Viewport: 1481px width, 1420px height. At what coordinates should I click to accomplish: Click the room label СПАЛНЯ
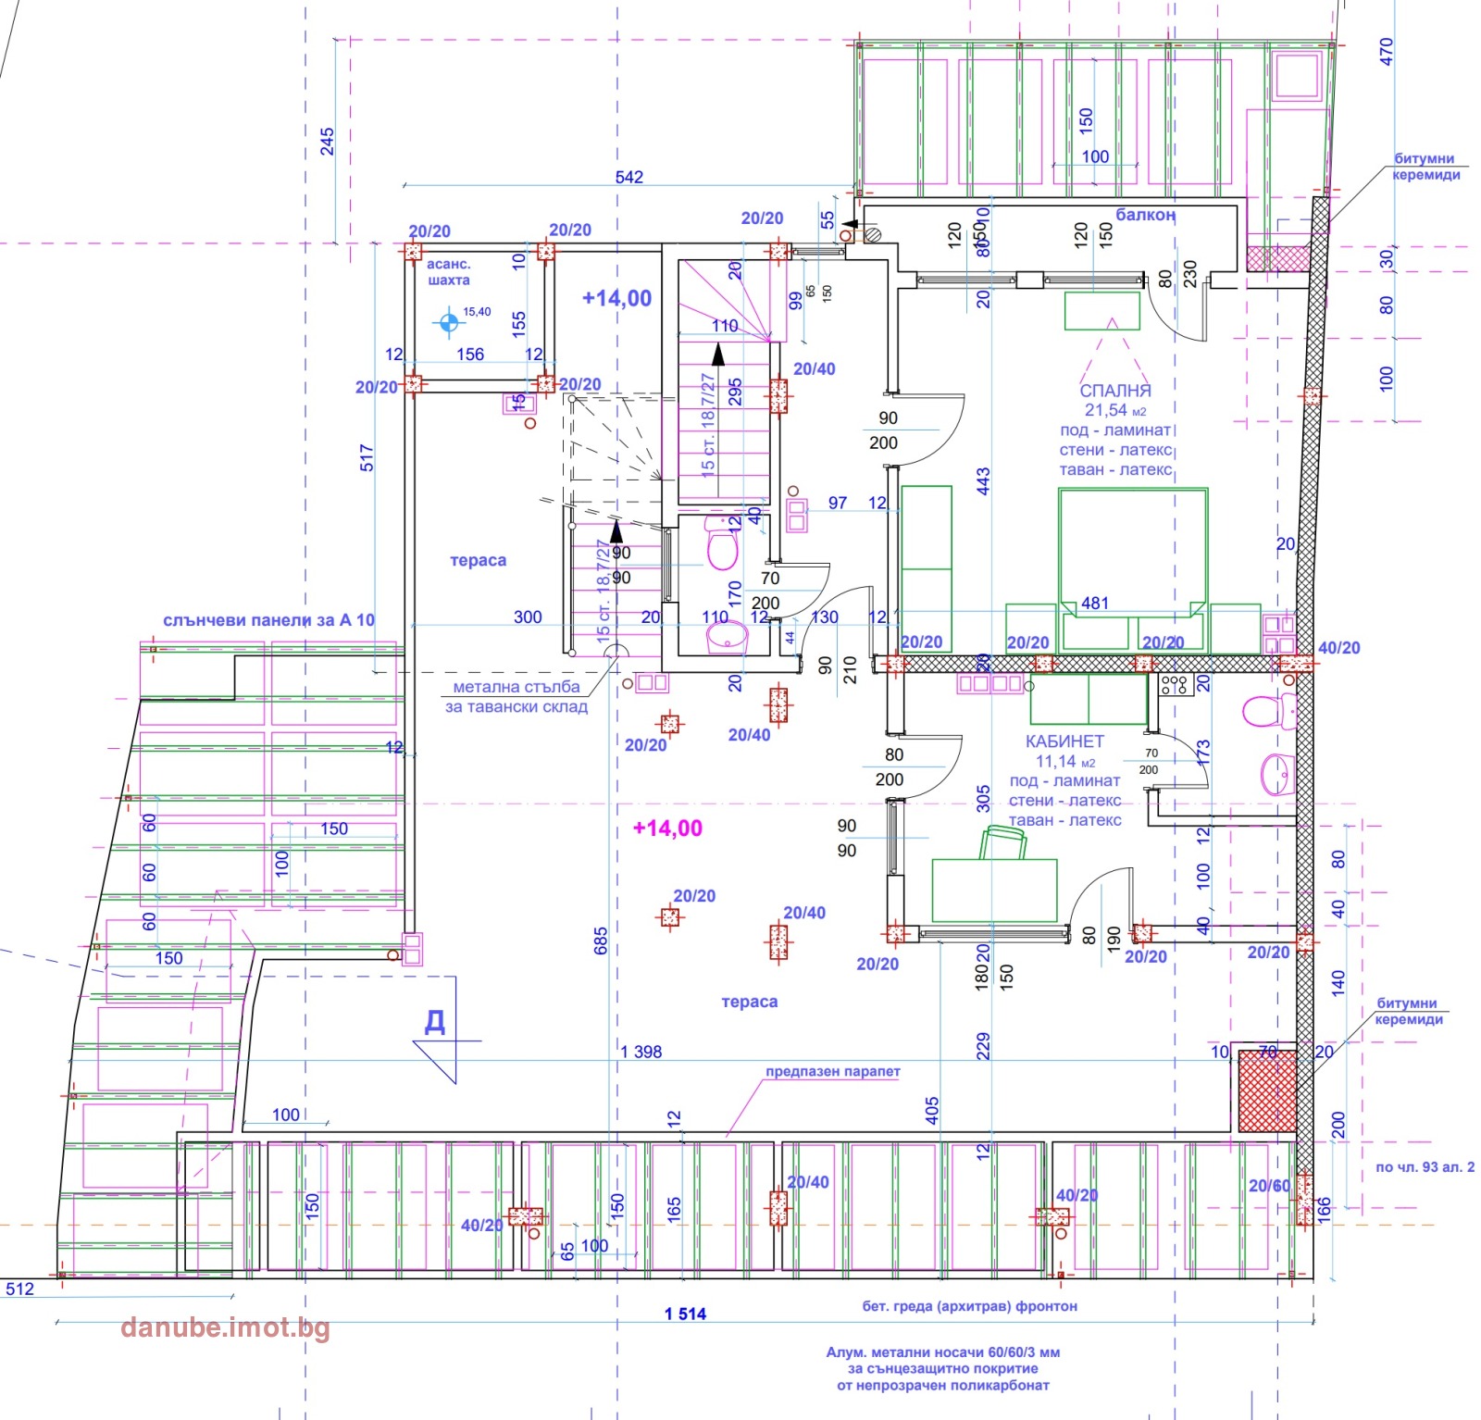point(1114,391)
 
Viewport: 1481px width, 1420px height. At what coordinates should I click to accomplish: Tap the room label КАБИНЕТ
point(1064,741)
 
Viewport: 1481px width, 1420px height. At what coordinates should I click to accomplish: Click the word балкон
point(1145,215)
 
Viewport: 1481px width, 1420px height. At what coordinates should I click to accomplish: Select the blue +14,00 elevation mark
point(616,298)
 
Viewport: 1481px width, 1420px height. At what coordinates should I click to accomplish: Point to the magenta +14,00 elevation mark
point(667,828)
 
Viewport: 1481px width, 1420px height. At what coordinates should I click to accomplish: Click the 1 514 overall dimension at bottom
point(685,1314)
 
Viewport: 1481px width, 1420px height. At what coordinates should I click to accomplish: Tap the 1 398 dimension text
point(641,1052)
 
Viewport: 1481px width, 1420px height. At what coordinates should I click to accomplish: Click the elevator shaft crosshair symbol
point(449,322)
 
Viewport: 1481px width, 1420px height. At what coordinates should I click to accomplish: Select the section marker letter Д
point(434,1022)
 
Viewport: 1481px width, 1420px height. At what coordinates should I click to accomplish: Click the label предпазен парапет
point(832,1072)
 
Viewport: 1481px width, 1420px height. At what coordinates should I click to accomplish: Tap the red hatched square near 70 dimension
point(1266,1091)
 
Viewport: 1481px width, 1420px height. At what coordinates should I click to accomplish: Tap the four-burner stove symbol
point(1174,685)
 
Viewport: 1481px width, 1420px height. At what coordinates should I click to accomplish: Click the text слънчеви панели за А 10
point(268,620)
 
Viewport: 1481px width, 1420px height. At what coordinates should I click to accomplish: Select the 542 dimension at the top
point(628,177)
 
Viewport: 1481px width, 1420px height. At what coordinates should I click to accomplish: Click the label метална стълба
point(516,687)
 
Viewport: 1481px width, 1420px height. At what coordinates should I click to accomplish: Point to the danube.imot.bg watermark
point(225,1327)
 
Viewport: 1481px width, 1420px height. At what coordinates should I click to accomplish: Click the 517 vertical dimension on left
point(367,458)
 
